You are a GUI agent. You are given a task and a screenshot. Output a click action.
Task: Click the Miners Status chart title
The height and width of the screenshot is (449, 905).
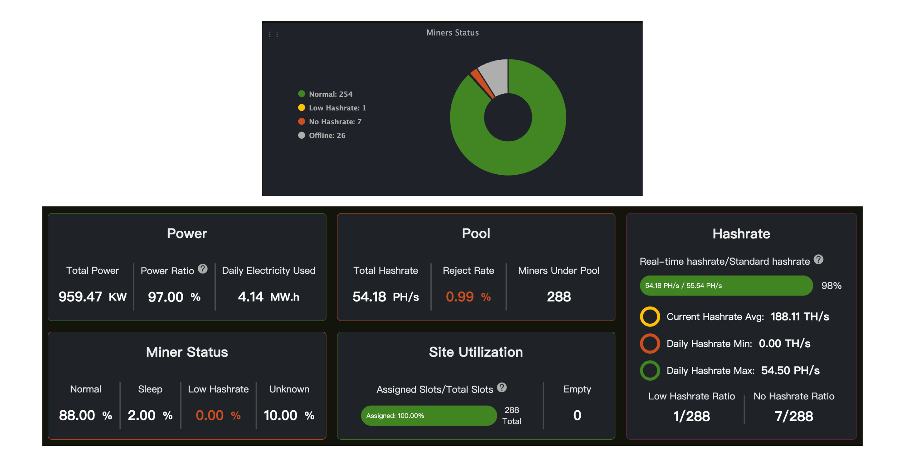(452, 33)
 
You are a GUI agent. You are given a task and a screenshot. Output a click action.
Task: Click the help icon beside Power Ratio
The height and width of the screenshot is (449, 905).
(203, 269)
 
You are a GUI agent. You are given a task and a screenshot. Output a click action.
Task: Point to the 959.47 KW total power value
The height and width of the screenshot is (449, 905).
(92, 297)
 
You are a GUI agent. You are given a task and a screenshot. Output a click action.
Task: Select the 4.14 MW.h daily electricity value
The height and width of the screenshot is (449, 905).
(268, 297)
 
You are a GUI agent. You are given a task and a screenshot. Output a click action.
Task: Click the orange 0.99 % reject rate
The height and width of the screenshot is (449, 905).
(468, 297)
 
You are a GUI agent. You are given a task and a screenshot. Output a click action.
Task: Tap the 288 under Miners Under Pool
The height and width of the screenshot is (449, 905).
(559, 297)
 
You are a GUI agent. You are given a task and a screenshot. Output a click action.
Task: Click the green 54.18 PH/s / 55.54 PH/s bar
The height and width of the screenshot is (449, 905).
(726, 286)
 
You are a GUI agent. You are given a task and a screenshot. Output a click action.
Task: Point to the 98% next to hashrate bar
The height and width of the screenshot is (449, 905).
(831, 286)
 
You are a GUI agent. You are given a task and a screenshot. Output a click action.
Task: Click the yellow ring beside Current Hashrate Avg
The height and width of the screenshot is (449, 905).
(650, 316)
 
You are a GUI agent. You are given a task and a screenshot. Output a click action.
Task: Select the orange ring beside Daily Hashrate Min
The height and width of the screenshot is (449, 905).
(650, 344)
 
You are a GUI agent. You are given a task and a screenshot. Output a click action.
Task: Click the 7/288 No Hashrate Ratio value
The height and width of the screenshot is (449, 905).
(794, 416)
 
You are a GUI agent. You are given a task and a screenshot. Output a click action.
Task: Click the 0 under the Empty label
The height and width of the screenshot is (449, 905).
(577, 415)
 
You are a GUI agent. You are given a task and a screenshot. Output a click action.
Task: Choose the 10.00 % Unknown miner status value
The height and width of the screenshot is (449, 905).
(289, 415)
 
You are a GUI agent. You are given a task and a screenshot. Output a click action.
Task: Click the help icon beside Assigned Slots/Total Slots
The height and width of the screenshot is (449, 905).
(502, 387)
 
